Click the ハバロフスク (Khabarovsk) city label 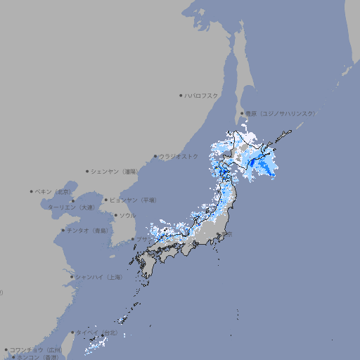tap(202, 95)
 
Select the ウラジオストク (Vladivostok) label tap(179, 156)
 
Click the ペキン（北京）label tap(53, 191)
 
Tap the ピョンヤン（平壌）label tap(134, 200)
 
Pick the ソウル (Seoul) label tap(127, 215)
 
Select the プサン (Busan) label tap(143, 239)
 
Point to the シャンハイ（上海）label tap(98, 277)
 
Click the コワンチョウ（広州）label tap(36, 349)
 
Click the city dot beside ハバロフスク tap(181, 95)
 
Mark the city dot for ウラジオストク tap(155, 156)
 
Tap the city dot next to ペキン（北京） tap(32, 191)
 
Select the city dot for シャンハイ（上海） tap(72, 277)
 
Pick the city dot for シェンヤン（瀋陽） tap(87, 171)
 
